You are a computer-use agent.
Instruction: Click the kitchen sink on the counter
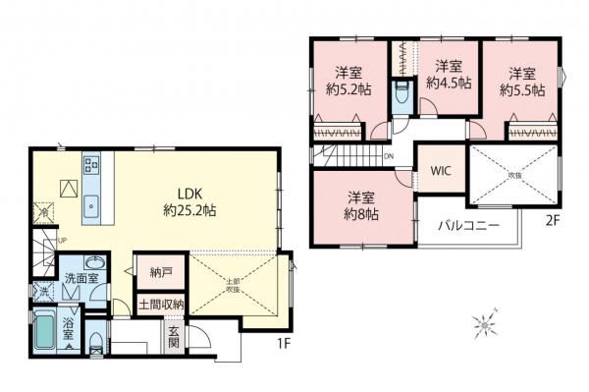(91, 205)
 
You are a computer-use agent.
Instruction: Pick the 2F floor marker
(552, 221)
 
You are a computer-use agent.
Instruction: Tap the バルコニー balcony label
(468, 225)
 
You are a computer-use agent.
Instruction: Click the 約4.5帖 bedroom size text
(448, 84)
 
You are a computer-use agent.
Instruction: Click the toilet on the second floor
(402, 96)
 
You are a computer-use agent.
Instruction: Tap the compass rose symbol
(484, 321)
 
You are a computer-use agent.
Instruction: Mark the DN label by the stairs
(389, 156)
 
